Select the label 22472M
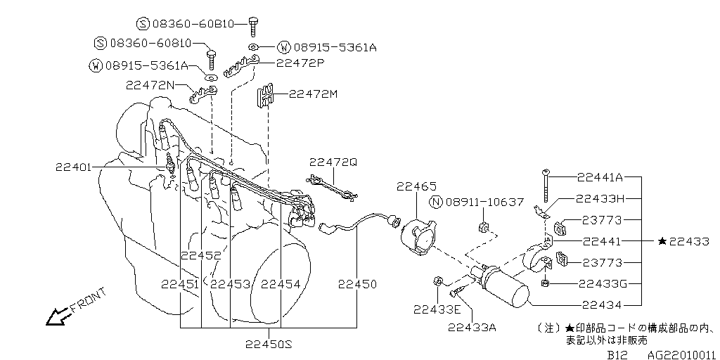click(313, 93)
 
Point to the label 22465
click(416, 186)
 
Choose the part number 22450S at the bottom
click(269, 343)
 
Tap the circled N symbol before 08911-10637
click(436, 202)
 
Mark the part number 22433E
click(437, 309)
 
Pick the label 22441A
click(599, 177)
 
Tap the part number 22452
click(200, 255)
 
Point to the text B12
click(617, 355)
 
